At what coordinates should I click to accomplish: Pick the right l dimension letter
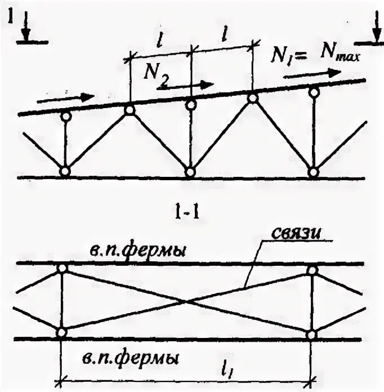(x=224, y=35)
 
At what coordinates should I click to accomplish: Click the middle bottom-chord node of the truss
(x=190, y=171)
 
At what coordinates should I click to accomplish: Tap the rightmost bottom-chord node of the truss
(x=314, y=171)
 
